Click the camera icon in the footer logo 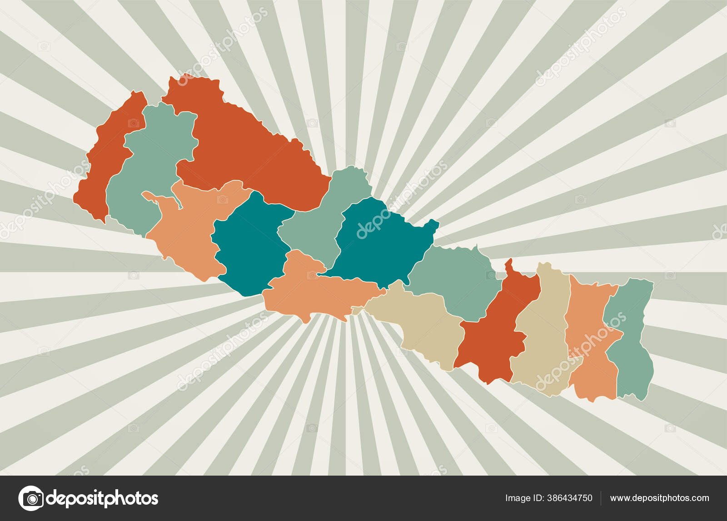31,498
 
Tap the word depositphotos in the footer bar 102,498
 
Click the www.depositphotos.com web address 659,498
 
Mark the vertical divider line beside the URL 601,498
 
